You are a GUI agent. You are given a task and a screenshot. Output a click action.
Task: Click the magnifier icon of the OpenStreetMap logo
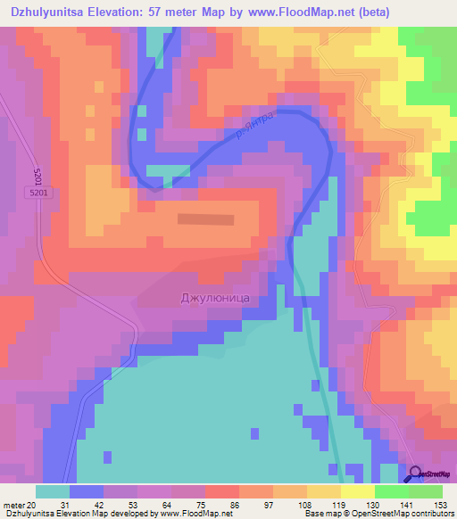pos(415,473)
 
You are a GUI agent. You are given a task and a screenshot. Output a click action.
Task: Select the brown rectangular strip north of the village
pos(206,218)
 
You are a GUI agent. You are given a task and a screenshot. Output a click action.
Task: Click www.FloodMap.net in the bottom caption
pos(182,514)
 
